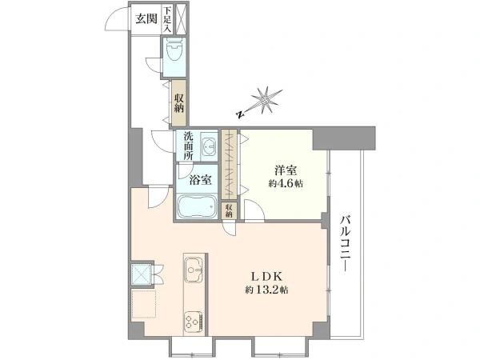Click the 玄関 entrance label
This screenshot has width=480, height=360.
pyautogui.click(x=146, y=19)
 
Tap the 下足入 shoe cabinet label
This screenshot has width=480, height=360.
pyautogui.click(x=167, y=19)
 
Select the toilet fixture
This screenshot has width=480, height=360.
pyautogui.click(x=174, y=49)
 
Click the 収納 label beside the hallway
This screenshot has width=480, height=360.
pyautogui.click(x=179, y=103)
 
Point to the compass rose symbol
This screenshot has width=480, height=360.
pyautogui.click(x=266, y=100)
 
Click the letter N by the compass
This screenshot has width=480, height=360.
pyautogui.click(x=241, y=114)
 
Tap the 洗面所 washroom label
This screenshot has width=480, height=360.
pyautogui.click(x=188, y=146)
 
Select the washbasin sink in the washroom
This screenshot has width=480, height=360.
pyautogui.click(x=210, y=146)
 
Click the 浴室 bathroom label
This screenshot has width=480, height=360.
pyautogui.click(x=200, y=179)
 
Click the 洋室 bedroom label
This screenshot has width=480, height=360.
pyautogui.click(x=285, y=170)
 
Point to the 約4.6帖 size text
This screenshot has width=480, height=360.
pyautogui.click(x=286, y=183)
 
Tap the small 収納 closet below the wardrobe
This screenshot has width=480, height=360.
pyautogui.click(x=229, y=210)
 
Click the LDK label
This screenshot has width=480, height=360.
pyautogui.click(x=266, y=277)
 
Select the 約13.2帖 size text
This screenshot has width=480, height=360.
pyautogui.click(x=266, y=290)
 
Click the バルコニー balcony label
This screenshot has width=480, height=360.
pyautogui.click(x=346, y=243)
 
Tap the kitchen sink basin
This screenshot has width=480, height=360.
pyautogui.click(x=193, y=270)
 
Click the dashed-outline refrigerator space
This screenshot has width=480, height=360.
pyautogui.click(x=144, y=304)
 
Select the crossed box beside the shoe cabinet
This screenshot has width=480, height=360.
pyautogui.click(x=180, y=19)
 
